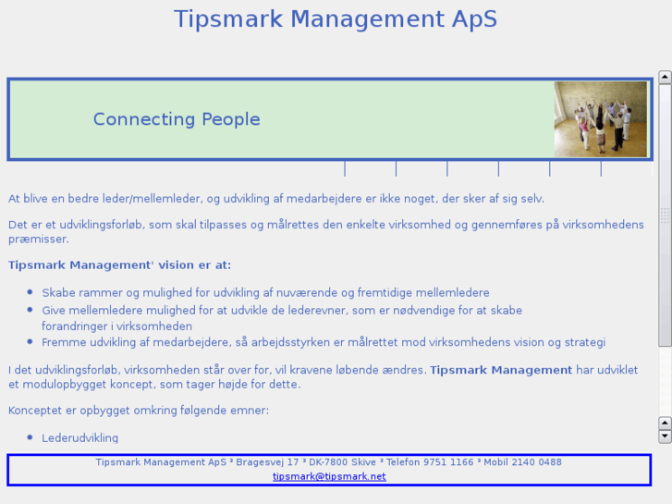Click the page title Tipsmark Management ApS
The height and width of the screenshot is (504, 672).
(x=335, y=19)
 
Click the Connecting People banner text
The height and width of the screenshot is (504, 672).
(x=177, y=119)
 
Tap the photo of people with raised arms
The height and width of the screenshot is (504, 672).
(x=600, y=119)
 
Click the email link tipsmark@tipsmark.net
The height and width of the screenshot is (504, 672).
(x=329, y=476)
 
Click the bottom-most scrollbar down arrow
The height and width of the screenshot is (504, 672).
(x=665, y=436)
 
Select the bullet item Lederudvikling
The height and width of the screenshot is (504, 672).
(x=79, y=437)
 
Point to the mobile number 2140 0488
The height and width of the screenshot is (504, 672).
(x=536, y=462)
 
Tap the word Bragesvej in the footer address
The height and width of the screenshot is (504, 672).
(x=260, y=462)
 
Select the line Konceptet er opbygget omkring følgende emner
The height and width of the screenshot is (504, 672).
(x=139, y=410)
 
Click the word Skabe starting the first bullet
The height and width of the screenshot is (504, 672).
(x=58, y=292)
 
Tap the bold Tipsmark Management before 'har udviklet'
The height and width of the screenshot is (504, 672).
(x=501, y=370)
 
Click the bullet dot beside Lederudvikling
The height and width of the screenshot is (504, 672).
(x=30, y=436)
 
